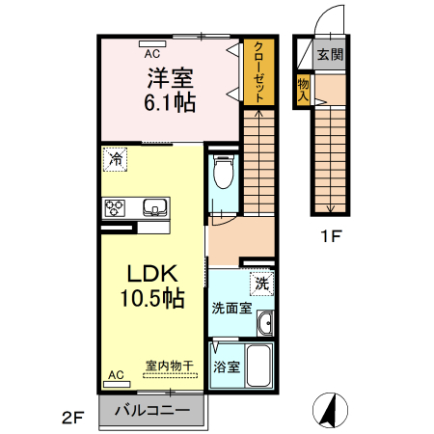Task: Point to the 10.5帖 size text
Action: click(x=150, y=299)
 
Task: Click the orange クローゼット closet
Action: click(x=256, y=71)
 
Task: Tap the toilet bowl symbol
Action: click(x=221, y=174)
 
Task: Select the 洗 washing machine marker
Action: click(x=261, y=284)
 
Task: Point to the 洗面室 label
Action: click(x=231, y=309)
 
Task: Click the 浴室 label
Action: click(x=226, y=367)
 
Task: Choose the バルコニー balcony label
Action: click(x=150, y=411)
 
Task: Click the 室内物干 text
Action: click(x=169, y=366)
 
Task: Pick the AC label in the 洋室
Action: click(x=152, y=42)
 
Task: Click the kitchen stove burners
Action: click(x=116, y=206)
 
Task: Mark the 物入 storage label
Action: click(x=303, y=90)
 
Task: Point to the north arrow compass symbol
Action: click(x=330, y=410)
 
